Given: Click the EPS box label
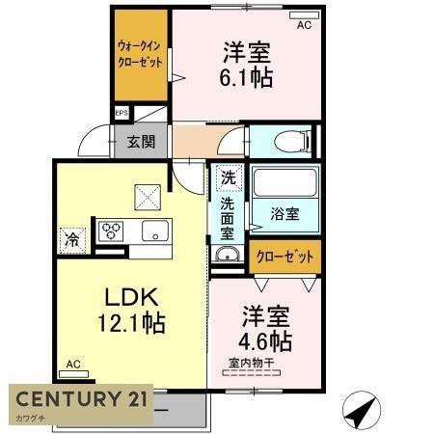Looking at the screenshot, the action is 122,113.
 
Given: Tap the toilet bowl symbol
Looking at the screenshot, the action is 292,141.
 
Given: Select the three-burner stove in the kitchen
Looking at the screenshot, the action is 111,231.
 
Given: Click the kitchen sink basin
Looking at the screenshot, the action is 155,231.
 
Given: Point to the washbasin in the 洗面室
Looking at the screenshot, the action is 228,254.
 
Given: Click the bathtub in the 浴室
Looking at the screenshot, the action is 285,182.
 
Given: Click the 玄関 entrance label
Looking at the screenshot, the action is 141,142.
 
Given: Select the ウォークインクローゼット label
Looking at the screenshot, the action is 140,54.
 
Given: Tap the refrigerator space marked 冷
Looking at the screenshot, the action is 72,240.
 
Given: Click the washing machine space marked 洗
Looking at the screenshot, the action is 229,177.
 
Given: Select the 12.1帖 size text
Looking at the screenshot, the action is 131,322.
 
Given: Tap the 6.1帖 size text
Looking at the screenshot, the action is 246,77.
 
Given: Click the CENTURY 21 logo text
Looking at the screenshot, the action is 82,398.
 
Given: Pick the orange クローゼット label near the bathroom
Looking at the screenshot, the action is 285,257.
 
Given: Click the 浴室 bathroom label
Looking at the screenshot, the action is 285,214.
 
